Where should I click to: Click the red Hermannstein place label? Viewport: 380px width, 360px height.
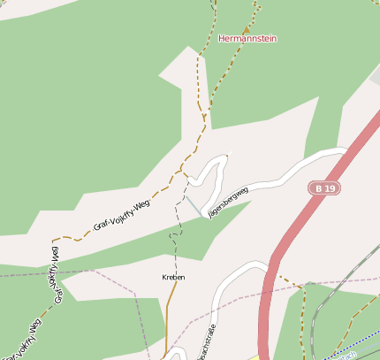pyautogui.click(x=248, y=38)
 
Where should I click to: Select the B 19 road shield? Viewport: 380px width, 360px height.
pyautogui.click(x=324, y=188)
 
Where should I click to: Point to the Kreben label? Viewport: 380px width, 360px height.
pyautogui.click(x=173, y=277)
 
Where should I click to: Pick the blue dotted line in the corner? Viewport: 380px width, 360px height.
pyautogui.click(x=353, y=348)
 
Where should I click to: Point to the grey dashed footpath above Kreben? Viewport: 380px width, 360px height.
pyautogui.click(x=176, y=248)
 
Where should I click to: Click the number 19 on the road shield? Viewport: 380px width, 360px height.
pyautogui.click(x=329, y=188)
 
